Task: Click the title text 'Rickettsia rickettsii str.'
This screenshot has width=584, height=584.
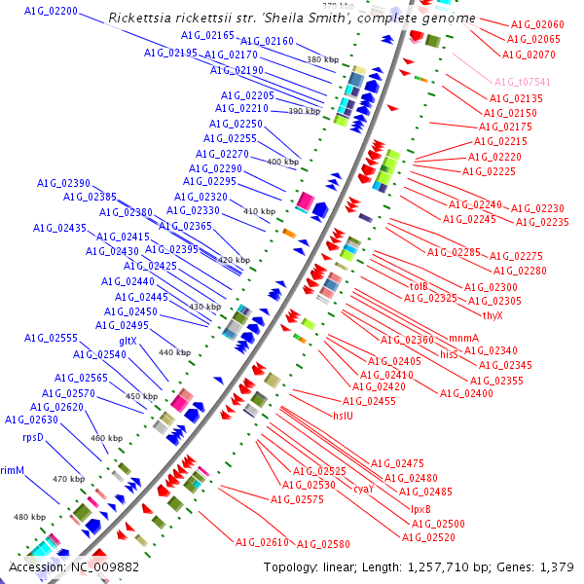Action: [177, 18]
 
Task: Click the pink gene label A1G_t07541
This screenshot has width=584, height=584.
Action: [522, 83]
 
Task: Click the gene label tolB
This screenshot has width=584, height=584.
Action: [419, 286]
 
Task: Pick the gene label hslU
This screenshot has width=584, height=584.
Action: [344, 416]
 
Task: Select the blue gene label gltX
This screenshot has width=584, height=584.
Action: [128, 341]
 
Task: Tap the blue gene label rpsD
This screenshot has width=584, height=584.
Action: [35, 437]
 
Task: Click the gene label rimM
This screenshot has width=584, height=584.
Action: [12, 470]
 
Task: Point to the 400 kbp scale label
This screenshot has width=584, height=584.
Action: [283, 162]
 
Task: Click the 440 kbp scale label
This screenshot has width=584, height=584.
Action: [174, 352]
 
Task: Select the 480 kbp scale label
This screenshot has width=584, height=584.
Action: [30, 517]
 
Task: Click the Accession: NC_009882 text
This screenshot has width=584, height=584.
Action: [74, 566]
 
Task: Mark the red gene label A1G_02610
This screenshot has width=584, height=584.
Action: [262, 542]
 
